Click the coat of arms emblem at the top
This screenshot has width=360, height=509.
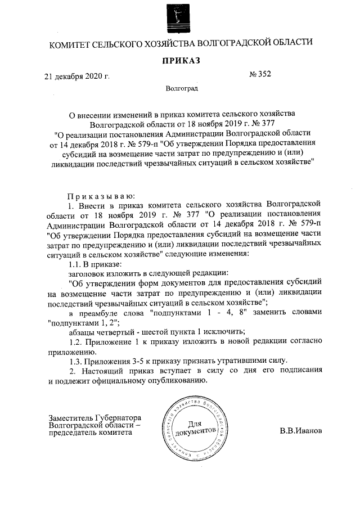[178, 16]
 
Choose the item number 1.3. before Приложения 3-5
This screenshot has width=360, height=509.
[76, 360]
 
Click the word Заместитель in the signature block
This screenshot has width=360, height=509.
[70, 418]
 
